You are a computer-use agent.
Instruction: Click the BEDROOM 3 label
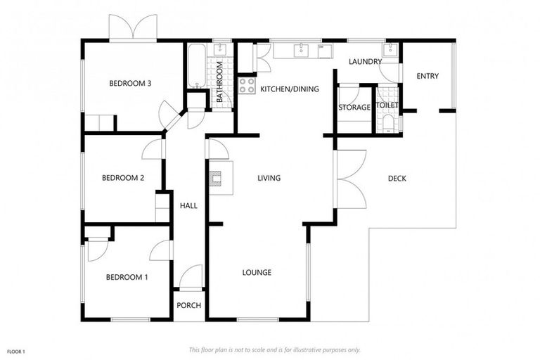(130, 84)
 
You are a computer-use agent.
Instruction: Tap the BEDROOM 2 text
(123, 178)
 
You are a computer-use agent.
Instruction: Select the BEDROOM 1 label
(127, 277)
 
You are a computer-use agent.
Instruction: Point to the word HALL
(188, 206)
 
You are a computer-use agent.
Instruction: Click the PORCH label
(188, 305)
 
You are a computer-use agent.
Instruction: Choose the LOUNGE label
(257, 273)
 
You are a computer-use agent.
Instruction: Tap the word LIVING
(269, 179)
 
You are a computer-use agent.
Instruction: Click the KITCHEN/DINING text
(290, 89)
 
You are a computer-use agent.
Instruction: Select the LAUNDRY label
(365, 62)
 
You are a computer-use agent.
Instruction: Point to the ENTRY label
(427, 76)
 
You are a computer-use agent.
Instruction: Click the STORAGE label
(354, 108)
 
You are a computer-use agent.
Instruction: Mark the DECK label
(397, 179)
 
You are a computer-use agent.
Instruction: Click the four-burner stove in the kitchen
(247, 86)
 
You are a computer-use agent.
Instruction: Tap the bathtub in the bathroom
(196, 66)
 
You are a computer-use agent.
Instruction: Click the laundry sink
(390, 50)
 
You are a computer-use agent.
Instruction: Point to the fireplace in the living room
(219, 176)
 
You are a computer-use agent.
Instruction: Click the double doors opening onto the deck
(350, 179)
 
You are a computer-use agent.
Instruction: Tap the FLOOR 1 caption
(15, 351)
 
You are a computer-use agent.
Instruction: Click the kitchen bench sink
(302, 50)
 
